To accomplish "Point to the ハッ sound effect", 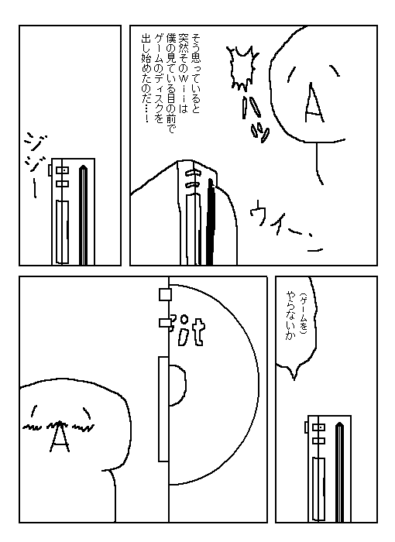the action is (256, 118).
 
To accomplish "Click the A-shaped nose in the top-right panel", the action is (314, 103).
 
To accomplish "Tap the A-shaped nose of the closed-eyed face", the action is (60, 437).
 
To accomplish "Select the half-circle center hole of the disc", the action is (177, 385).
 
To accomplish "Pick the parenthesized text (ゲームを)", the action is (303, 314).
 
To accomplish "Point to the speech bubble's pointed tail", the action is (294, 373).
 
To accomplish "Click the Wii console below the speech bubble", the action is (328, 468).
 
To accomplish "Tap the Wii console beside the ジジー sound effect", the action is (72, 211).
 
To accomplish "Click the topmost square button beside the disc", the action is (165, 294).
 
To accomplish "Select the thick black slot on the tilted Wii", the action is (211, 222).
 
